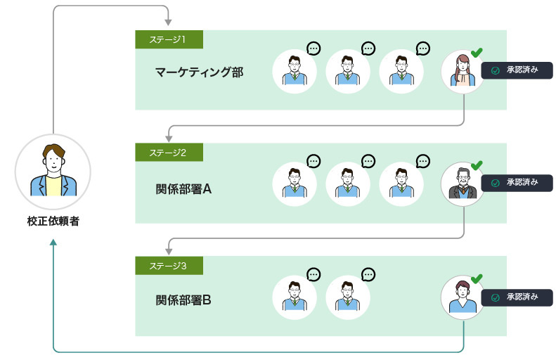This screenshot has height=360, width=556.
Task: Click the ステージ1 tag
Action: click(169, 39)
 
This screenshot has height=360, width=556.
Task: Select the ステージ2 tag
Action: click(169, 152)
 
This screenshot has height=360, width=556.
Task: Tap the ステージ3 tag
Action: click(169, 265)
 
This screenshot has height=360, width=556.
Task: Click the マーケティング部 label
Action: click(200, 72)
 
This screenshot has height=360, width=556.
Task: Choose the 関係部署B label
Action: click(183, 301)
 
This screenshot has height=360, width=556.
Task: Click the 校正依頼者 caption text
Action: click(53, 221)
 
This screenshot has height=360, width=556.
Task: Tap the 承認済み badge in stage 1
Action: click(517, 71)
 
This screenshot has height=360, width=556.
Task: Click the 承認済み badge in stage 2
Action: click(517, 183)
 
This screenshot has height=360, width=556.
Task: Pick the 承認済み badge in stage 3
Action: click(517, 297)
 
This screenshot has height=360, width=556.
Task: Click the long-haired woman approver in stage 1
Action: click(463, 72)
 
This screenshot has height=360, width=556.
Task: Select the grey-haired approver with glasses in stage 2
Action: click(463, 184)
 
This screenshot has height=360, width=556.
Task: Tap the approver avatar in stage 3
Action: click(463, 297)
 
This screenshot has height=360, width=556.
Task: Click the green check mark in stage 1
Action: click(477, 52)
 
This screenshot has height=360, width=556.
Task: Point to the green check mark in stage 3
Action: click(477, 278)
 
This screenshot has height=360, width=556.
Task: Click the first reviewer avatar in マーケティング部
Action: click(295, 72)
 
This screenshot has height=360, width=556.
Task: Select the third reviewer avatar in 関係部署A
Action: click(401, 184)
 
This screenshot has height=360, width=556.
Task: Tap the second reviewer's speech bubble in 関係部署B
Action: click(368, 274)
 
